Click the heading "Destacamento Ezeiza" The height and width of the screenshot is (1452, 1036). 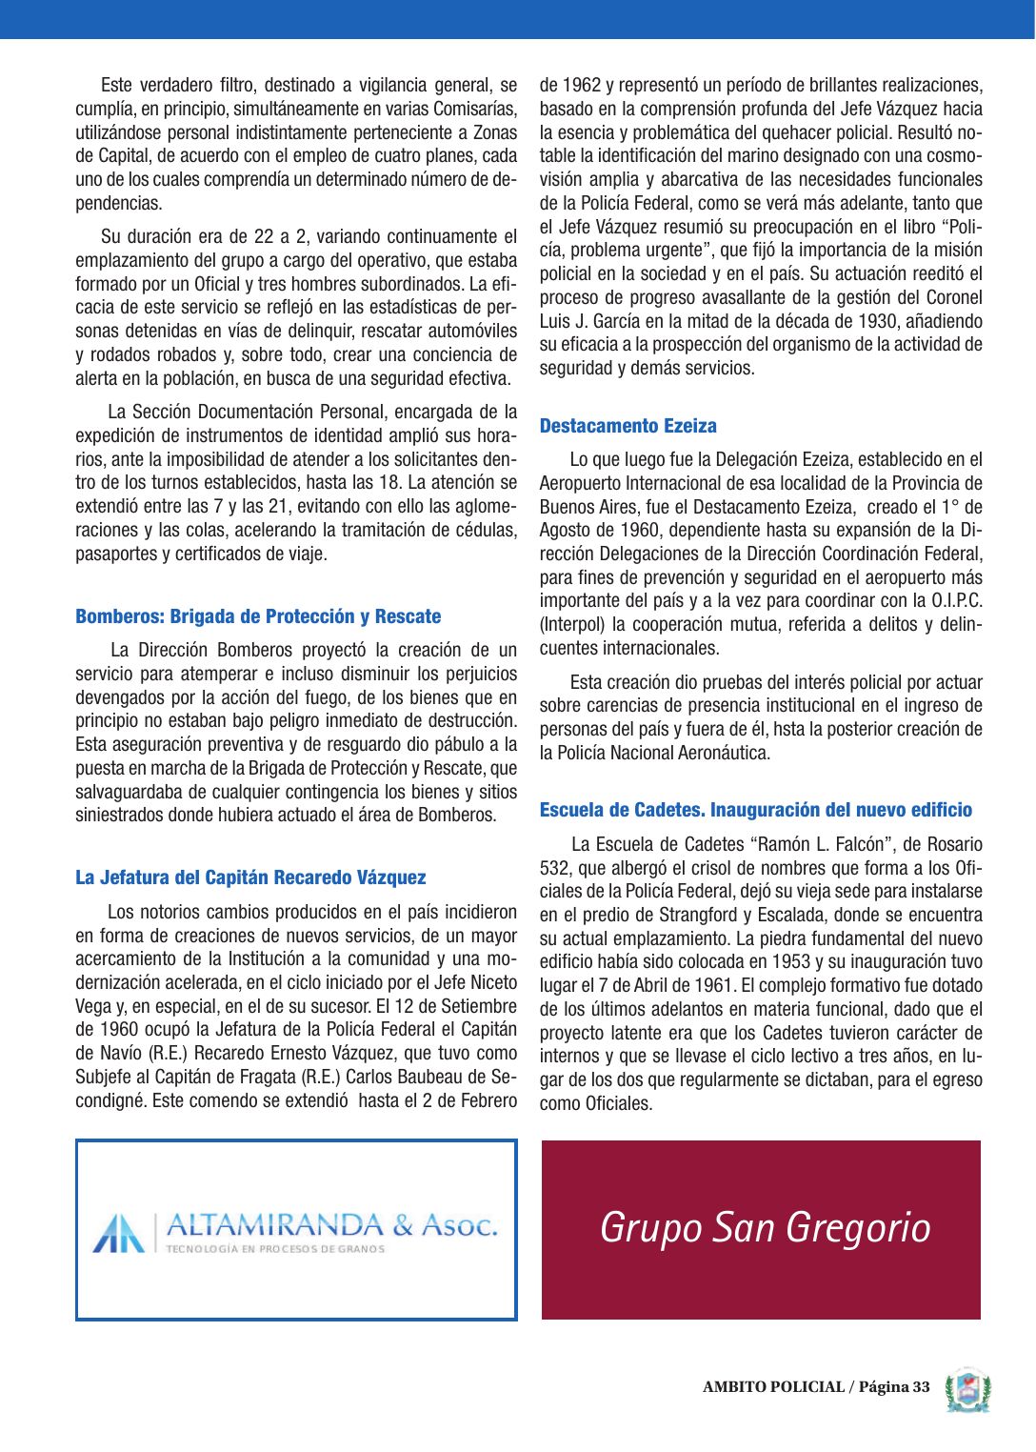(628, 426)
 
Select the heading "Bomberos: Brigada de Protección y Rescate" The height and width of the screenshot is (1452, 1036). (258, 616)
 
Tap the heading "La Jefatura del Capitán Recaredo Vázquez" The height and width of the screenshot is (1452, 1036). (250, 877)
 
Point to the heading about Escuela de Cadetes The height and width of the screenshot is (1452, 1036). (756, 810)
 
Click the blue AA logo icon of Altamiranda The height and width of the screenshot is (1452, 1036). (119, 1233)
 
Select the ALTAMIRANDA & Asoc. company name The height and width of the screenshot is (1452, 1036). (331, 1224)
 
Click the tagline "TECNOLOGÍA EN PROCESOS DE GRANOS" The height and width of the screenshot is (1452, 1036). (275, 1249)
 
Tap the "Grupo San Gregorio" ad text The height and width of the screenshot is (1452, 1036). (765, 1227)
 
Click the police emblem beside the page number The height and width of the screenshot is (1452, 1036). (967, 1390)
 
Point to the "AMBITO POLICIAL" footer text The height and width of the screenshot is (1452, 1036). (773, 1387)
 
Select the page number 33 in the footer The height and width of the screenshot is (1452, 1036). (920, 1387)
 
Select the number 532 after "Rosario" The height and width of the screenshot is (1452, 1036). (555, 868)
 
